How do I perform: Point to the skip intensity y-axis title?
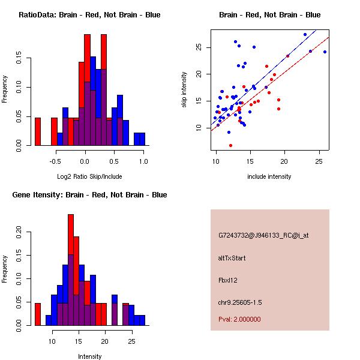185,90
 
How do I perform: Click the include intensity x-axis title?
269,176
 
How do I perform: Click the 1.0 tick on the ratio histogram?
143,161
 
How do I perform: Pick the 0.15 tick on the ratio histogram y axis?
19,60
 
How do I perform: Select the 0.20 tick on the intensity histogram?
19,231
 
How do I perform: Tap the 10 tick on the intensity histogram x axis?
52,341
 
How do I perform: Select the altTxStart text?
232,258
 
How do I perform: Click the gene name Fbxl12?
229,280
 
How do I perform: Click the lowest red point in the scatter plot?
230,145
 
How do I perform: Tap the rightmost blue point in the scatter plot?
325,52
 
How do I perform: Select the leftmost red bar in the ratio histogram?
38,131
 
